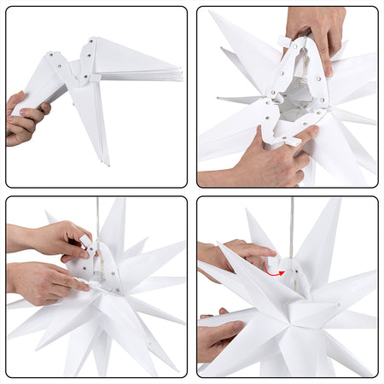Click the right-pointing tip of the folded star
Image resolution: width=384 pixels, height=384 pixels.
pyautogui.click(x=181, y=75)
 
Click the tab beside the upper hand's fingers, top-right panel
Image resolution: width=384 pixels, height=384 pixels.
pyautogui.click(x=283, y=40)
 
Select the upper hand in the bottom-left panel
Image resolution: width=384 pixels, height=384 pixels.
pyautogui.click(x=51, y=240)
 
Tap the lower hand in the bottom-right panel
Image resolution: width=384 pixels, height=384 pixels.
pyautogui.click(x=218, y=336)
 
